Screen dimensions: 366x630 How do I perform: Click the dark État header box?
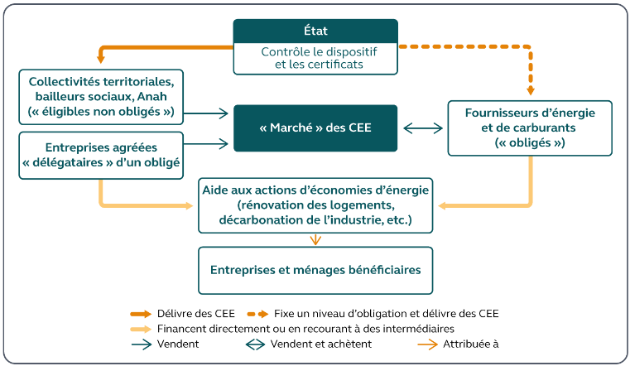(315, 31)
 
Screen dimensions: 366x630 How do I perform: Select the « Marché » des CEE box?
(315, 128)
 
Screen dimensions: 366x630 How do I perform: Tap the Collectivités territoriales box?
(101, 96)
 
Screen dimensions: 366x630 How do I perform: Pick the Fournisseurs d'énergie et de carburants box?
(529, 128)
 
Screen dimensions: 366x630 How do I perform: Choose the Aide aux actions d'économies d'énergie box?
(315, 205)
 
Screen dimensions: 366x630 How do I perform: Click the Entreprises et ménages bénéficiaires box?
(315, 270)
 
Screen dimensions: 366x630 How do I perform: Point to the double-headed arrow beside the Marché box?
(422, 128)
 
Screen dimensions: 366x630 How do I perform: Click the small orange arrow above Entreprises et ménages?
(315, 240)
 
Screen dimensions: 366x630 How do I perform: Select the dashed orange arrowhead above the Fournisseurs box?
(530, 89)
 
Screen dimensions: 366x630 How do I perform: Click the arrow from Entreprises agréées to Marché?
(208, 144)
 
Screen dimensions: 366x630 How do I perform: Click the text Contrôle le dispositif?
(315, 51)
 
